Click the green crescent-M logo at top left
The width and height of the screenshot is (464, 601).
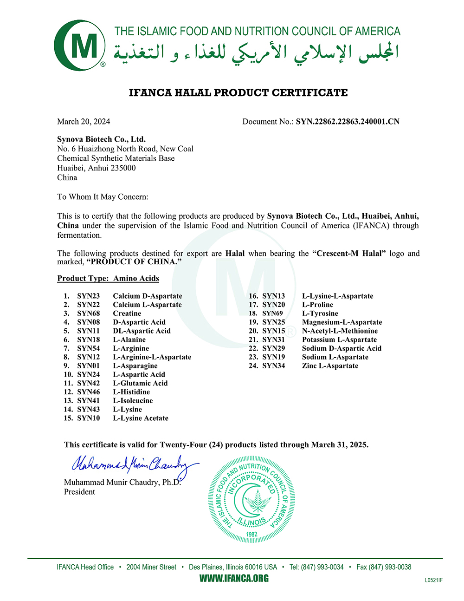[x=78, y=46]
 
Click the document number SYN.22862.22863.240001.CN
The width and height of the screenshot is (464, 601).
[x=348, y=122]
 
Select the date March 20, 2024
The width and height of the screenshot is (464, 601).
[x=84, y=122]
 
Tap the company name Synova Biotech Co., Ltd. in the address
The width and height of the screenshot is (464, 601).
[x=101, y=139]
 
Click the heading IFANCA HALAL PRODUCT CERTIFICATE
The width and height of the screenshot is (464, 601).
[x=238, y=93]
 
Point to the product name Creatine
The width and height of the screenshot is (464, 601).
[x=127, y=314]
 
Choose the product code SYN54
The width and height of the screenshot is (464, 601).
[x=88, y=348]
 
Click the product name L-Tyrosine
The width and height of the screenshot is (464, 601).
[x=320, y=314]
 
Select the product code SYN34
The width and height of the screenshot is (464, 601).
[x=273, y=366]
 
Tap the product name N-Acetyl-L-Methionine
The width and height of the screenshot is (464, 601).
[x=340, y=331]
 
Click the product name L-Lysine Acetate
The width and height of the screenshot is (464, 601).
[x=141, y=418]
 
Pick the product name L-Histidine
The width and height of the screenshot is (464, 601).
[x=131, y=392]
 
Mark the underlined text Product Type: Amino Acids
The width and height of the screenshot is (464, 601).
[x=108, y=279]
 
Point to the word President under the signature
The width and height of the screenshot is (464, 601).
[x=79, y=492]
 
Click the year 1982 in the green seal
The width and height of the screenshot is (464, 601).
[x=251, y=534]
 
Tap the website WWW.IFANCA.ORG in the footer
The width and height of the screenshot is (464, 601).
[x=234, y=579]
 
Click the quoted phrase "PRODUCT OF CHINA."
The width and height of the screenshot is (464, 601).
[x=134, y=262]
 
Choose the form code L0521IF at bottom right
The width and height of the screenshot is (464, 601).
[x=433, y=580]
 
